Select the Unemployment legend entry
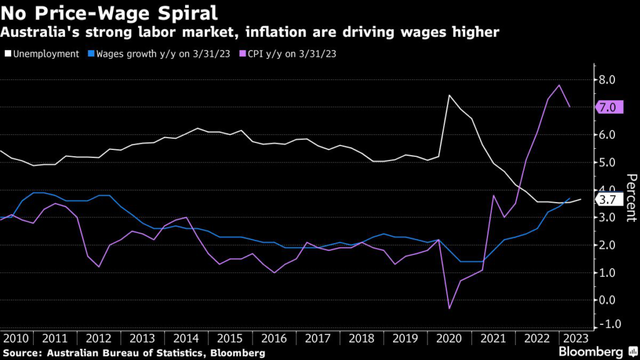coord(43,54)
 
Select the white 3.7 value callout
coord(607,200)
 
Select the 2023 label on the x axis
coord(576,339)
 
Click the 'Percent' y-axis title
coord(630,199)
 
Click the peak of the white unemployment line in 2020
coord(449,95)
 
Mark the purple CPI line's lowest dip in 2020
coord(449,308)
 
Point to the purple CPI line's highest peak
coord(559,85)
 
